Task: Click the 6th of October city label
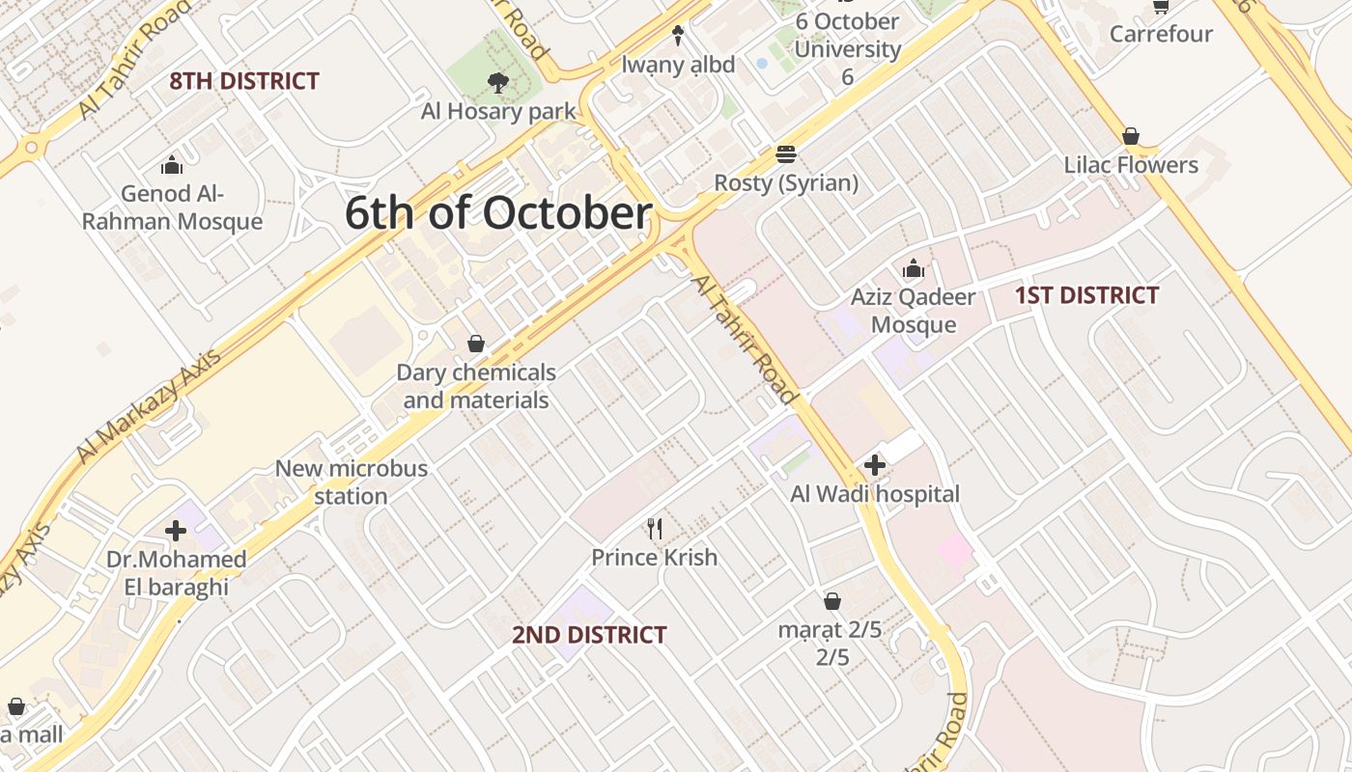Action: point(498,213)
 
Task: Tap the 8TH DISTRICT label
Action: point(243,81)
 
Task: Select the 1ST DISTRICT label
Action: point(1086,295)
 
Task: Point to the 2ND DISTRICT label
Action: point(589,635)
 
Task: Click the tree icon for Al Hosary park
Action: point(498,83)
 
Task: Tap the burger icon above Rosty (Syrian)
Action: point(786,154)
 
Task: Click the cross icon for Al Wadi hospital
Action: point(875,466)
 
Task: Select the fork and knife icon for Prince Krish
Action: point(655,528)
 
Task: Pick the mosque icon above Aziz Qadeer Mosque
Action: point(913,268)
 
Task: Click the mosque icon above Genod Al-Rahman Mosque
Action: point(172,165)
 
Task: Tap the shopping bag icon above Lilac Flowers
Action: point(1131,136)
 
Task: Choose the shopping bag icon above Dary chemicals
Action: point(475,344)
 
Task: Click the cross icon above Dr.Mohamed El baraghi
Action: point(176,531)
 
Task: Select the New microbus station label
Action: point(352,482)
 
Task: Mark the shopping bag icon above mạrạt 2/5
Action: point(832,602)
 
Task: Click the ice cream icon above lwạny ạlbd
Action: point(678,36)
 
